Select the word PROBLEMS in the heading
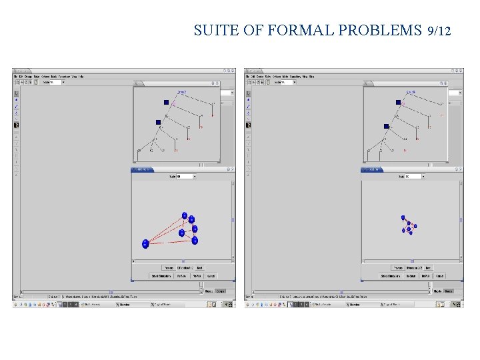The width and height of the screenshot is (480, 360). point(380,31)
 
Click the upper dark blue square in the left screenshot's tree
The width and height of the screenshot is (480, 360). point(166,102)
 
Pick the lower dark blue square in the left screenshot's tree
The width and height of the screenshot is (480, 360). point(158,122)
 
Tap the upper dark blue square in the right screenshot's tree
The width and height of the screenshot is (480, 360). point(398,102)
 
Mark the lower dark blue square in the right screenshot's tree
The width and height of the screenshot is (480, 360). point(386,126)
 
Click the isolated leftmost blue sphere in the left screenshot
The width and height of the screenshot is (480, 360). point(145,244)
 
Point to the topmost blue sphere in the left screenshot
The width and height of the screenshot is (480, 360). point(185,215)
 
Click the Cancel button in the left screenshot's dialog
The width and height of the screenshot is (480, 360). point(211,275)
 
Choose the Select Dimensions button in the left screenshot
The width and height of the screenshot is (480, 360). point(162,275)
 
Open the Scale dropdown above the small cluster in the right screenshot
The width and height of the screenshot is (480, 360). point(413,177)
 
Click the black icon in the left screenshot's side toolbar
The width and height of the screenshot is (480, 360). point(16,125)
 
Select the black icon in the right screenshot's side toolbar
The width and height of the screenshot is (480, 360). point(249,125)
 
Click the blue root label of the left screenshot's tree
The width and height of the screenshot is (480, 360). point(181,92)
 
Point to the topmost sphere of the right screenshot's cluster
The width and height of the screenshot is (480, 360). point(403,217)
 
